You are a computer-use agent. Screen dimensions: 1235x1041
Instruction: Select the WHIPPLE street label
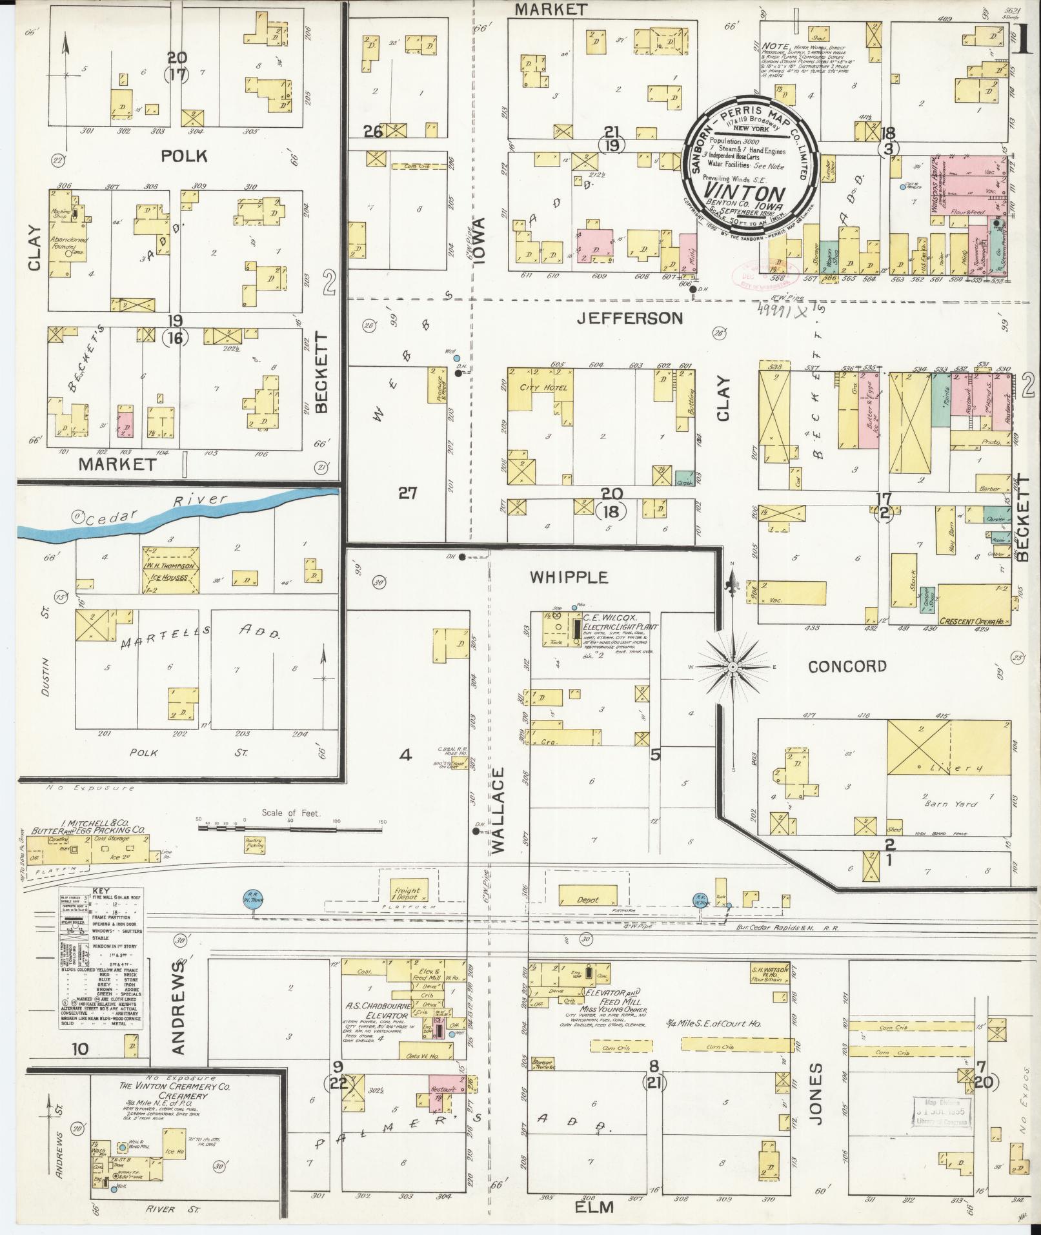569,577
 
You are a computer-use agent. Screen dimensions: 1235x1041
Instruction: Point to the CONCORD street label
847,667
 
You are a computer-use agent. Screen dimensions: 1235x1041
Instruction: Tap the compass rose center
734,666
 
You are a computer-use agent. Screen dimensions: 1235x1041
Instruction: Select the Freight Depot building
407,893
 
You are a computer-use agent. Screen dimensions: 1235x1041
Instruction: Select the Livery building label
957,768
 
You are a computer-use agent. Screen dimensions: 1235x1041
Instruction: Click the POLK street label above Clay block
184,156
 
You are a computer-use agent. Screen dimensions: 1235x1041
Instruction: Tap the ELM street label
595,1207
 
